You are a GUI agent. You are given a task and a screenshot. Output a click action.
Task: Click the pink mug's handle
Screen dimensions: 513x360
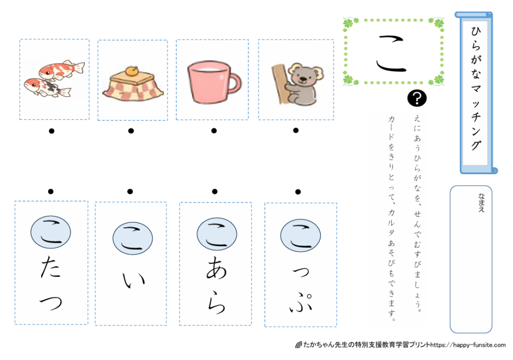pos(237,84)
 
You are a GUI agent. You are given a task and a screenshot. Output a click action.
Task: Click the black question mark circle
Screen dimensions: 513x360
pos(417,98)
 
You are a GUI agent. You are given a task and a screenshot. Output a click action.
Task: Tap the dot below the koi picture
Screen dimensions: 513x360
pos(52,131)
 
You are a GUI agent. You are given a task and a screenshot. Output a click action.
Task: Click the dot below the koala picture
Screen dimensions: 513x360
pos(296,131)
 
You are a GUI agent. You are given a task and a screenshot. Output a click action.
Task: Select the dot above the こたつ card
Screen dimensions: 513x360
pos(51,191)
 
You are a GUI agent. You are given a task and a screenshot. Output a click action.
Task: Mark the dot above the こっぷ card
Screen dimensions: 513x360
pos(298,192)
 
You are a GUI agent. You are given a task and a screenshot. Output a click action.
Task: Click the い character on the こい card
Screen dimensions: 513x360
pos(133,280)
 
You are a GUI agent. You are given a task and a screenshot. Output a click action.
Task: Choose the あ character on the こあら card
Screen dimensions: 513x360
pos(216,267)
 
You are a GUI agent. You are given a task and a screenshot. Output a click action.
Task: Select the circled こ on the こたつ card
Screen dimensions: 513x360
pos(51,232)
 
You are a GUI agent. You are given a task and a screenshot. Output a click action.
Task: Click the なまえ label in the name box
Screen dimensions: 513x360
pos(481,203)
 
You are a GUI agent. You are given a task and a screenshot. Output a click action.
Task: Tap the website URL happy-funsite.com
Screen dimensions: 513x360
pos(468,345)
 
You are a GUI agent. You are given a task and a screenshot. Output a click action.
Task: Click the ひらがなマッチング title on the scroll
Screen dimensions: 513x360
pos(476,88)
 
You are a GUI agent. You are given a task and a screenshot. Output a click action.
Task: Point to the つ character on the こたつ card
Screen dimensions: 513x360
pos(51,303)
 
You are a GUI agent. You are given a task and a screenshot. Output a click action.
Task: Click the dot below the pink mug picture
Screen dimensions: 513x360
pos(214,131)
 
